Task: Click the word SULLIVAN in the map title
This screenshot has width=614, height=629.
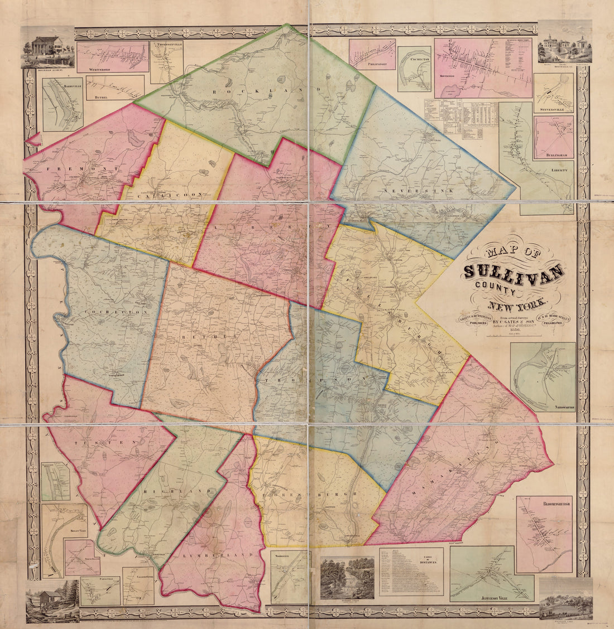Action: [514, 273]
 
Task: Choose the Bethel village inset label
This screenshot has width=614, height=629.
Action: [102, 96]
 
